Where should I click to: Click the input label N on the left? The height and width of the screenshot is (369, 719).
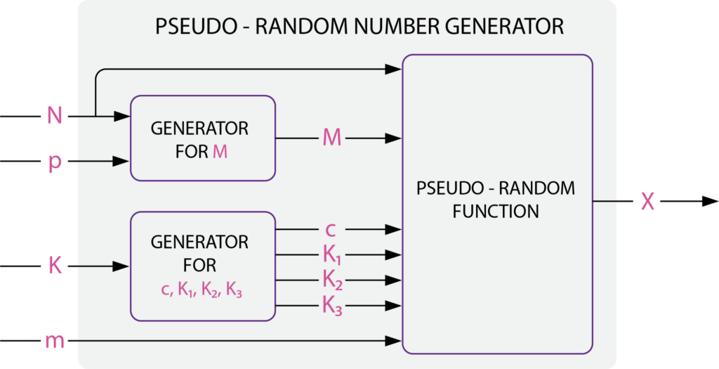click(x=54, y=115)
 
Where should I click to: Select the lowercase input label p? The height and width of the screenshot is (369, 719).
click(x=54, y=162)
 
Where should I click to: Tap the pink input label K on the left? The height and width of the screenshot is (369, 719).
click(x=54, y=266)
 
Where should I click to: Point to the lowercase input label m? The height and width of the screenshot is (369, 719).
click(x=54, y=342)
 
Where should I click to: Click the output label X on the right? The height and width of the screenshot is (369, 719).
click(x=647, y=202)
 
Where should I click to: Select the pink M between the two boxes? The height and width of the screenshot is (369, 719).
click(x=331, y=138)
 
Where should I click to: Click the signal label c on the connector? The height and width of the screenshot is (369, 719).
click(x=331, y=229)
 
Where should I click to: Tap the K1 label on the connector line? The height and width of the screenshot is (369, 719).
click(x=332, y=254)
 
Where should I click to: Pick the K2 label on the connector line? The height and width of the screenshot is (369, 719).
click(x=332, y=280)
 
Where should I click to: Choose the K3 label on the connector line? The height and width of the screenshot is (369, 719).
click(x=332, y=306)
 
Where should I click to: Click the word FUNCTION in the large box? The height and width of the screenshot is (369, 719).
click(x=496, y=212)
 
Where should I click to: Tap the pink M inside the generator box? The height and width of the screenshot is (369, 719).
click(x=220, y=151)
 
